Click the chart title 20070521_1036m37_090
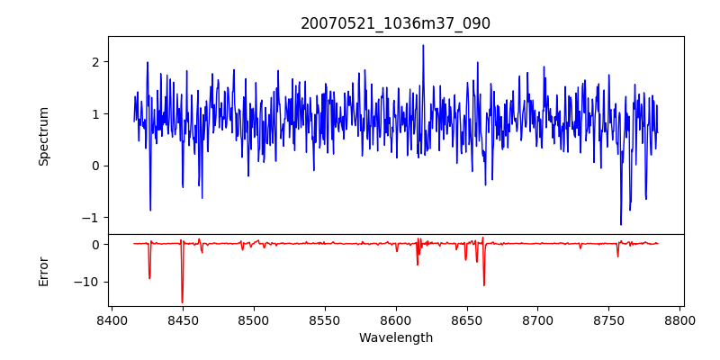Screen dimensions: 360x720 (x=395, y=23)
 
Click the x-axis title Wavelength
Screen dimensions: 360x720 (x=395, y=338)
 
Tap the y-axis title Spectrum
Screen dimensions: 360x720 (x=43, y=136)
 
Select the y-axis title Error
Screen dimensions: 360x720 (x=43, y=271)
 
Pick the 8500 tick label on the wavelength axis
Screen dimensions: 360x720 (x=254, y=320)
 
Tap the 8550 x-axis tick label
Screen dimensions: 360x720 (x=325, y=320)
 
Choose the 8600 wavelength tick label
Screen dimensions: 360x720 (x=396, y=320)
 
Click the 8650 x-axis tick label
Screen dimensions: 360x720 (x=467, y=320)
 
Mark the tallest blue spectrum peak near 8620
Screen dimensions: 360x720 (x=423, y=45)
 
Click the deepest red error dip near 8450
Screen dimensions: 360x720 (x=182, y=303)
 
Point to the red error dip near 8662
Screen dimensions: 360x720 (x=484, y=285)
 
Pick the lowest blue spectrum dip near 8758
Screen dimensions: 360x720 (x=621, y=224)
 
